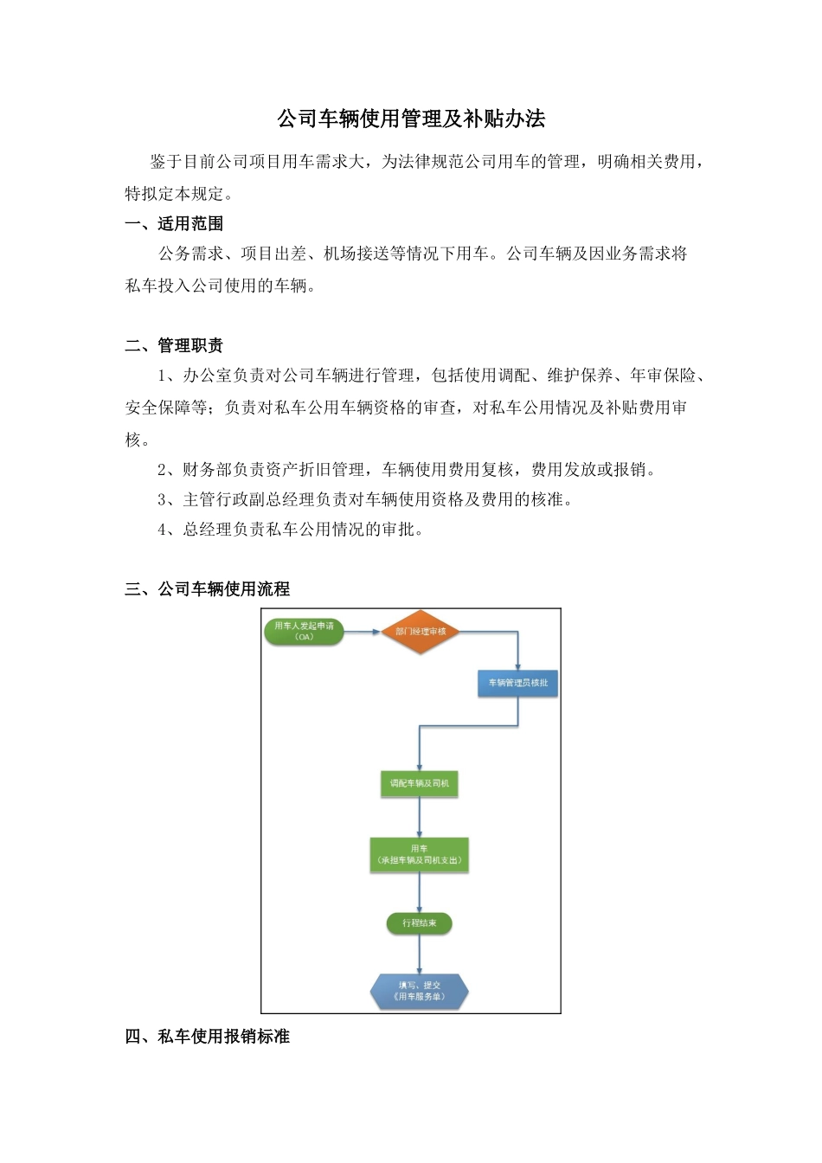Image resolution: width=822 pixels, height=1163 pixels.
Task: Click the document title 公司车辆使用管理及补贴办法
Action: [x=411, y=119]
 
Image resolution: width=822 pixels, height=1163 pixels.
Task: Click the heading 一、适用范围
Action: [x=174, y=224]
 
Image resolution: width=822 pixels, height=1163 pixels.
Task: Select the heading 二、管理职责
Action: [x=174, y=346]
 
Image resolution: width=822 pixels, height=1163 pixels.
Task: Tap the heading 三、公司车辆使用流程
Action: [x=208, y=589]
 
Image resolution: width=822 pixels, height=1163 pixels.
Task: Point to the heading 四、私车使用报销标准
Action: [x=208, y=1037]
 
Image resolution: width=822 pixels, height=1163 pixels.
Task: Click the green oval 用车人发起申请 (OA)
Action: [x=304, y=632]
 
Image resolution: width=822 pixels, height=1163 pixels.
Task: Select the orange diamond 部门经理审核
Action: [x=421, y=632]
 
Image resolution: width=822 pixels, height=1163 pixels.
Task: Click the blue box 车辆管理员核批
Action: [x=517, y=683]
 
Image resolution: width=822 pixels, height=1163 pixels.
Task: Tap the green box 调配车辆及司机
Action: [x=420, y=784]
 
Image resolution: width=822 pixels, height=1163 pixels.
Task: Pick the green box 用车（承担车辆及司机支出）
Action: [x=420, y=855]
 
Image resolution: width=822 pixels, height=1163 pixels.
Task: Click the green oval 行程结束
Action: [x=420, y=923]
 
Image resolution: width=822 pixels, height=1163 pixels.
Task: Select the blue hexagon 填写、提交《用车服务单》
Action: [x=420, y=992]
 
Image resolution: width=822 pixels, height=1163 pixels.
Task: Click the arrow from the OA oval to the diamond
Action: [x=363, y=632]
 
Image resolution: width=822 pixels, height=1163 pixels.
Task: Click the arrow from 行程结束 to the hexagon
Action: [x=420, y=954]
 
